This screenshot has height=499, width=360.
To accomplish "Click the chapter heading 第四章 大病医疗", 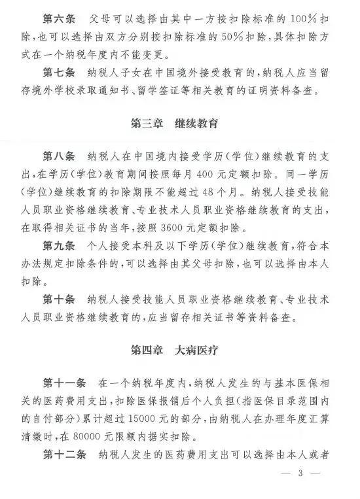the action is coord(174,350).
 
